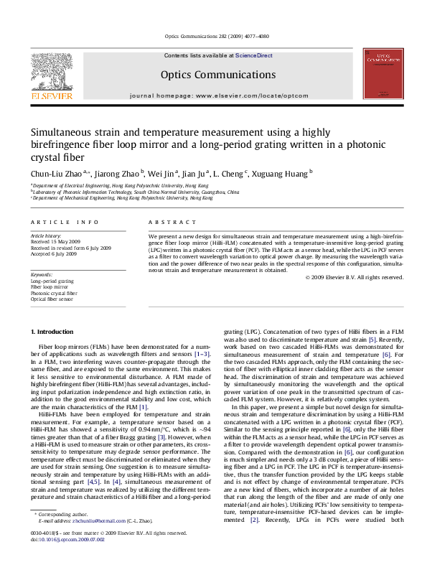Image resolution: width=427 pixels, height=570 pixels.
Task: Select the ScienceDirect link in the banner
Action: coord(233,55)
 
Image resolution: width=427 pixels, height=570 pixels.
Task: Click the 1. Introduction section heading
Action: coord(55,332)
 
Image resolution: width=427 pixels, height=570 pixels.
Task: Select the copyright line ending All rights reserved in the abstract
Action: coord(347,276)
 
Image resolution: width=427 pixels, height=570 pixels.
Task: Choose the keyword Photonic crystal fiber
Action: coord(53,293)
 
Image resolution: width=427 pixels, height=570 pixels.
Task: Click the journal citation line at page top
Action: coord(213,36)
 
